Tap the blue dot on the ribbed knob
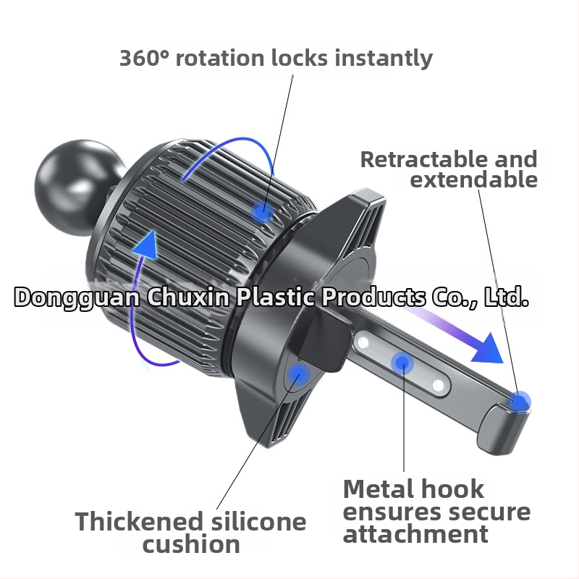pos(262,212)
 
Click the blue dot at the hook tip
pos(519,402)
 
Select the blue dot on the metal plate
pos(402,363)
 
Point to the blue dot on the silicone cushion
pos(298,375)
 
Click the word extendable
pos(474,179)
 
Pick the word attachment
pos(415,534)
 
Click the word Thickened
pos(139,521)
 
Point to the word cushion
pos(191,544)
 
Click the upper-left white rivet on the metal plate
pos(363,342)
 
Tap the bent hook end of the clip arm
pos(503,428)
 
